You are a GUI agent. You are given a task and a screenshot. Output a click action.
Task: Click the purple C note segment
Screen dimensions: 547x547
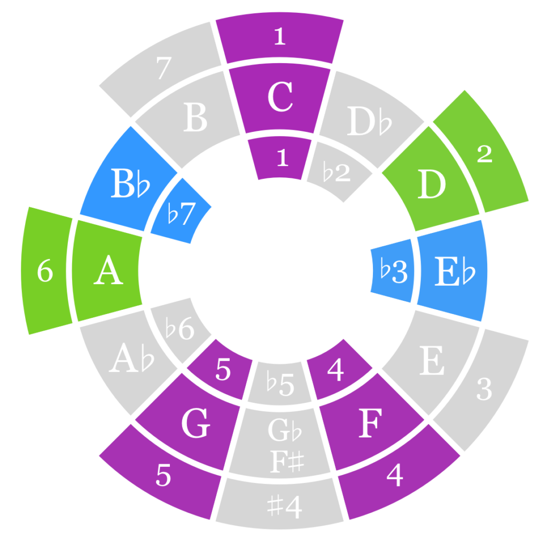point(279,99)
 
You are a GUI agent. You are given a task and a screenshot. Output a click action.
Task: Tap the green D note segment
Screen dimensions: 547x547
point(432,186)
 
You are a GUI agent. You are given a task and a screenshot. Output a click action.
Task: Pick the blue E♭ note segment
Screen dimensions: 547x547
point(453,272)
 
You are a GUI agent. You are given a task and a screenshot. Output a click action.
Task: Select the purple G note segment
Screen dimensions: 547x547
point(195,425)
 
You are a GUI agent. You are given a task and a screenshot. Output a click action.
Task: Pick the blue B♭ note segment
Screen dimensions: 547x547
point(130,186)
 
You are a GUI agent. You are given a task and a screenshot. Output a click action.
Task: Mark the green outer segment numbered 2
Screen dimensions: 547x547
point(484,155)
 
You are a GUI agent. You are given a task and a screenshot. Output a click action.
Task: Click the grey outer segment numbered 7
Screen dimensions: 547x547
point(163,68)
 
